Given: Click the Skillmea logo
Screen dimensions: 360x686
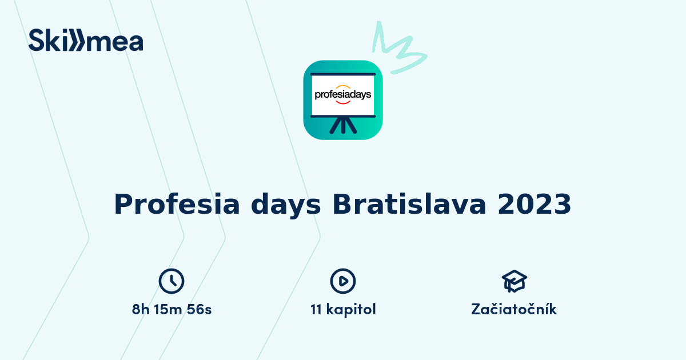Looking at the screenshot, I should (86, 40).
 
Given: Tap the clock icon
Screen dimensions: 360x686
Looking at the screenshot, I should (171, 281).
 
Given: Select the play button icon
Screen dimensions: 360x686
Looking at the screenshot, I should (343, 281).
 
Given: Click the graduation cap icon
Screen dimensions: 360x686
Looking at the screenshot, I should (514, 281).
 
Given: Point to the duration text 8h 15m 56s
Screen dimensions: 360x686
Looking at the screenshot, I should (171, 310).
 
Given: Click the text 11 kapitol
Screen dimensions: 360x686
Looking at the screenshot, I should (343, 310).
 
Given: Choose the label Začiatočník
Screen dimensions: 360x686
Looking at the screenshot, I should (514, 310).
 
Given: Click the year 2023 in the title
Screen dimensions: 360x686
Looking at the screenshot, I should (534, 204).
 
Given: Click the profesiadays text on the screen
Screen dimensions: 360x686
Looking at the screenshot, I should (343, 94).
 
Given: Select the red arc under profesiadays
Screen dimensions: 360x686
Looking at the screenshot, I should (343, 102).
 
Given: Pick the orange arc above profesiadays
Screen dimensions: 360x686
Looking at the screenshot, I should (343, 86).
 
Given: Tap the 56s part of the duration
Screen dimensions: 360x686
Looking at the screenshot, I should (201, 310).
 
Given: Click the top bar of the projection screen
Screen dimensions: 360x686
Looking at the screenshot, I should (343, 74).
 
